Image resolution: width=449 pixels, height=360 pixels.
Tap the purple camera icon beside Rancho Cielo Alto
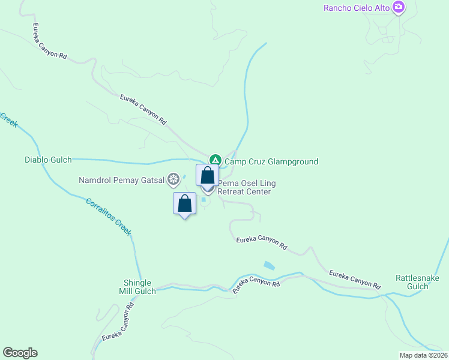[x=398, y=8]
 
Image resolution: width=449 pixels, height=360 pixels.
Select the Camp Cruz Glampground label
[x=271, y=161]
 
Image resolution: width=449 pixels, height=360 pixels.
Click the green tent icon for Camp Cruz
[x=215, y=160]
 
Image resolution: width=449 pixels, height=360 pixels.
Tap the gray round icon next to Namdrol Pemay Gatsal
[x=173, y=179]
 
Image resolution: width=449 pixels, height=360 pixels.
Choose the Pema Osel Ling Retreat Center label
[x=245, y=187]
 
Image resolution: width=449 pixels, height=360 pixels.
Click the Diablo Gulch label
[x=48, y=160]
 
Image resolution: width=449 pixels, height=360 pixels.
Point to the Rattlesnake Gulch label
[x=412, y=282]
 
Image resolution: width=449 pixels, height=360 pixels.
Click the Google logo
[x=20, y=353]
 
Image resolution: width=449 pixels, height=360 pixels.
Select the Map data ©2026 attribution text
[x=423, y=355]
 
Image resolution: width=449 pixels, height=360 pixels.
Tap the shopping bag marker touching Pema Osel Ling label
[x=208, y=176]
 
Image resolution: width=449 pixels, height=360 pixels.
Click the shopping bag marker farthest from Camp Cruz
[x=185, y=203]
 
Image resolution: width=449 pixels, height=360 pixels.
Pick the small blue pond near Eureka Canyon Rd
[x=269, y=265]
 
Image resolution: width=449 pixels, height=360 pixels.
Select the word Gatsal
[x=152, y=179]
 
